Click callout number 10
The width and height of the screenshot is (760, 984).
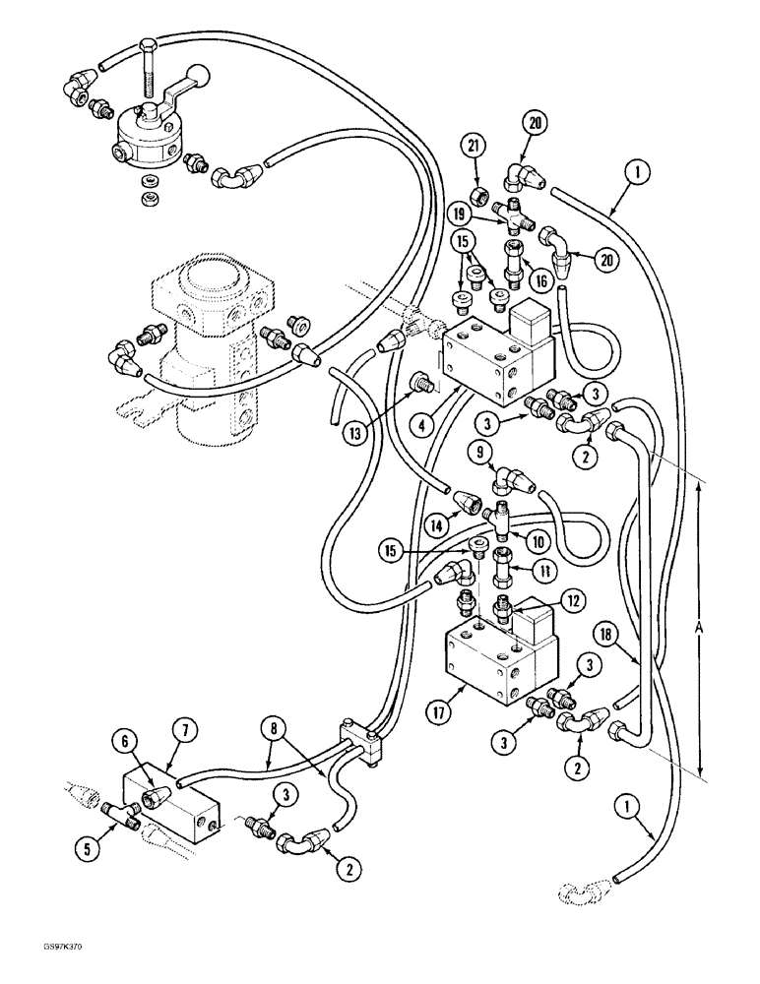click(538, 540)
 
